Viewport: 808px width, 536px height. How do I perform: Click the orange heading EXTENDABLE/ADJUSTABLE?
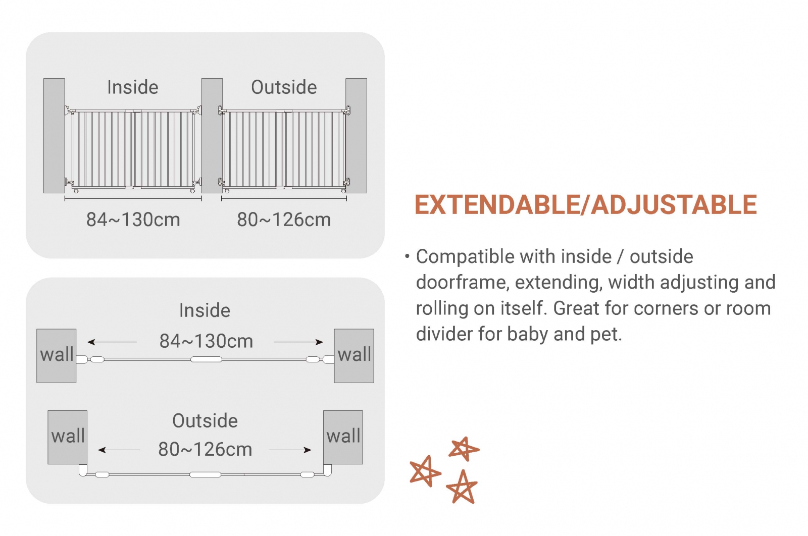pos(586,205)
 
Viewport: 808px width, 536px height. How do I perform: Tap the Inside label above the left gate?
pos(133,87)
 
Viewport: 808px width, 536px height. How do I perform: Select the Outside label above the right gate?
pos(284,87)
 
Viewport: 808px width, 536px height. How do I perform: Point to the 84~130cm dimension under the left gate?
pos(133,220)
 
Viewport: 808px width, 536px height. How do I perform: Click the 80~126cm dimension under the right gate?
pos(284,220)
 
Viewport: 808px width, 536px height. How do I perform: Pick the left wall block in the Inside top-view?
pos(56,356)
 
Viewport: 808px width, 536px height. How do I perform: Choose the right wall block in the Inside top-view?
pos(354,356)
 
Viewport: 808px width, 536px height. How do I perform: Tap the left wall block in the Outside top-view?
pos(68,437)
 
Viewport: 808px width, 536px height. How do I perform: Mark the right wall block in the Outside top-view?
pos(343,437)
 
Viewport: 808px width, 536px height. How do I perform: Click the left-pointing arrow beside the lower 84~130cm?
pos(112,342)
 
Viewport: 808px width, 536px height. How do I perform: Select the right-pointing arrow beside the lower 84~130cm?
pos(298,342)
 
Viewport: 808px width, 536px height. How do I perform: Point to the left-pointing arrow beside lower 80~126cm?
pos(119,450)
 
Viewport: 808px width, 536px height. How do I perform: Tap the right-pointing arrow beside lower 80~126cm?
pos(290,450)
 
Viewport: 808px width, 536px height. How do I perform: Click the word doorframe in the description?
pos(463,282)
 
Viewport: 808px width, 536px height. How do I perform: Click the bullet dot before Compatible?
pos(407,257)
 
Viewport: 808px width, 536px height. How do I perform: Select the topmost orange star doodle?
pos(464,449)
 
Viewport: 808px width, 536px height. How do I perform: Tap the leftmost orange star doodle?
pos(425,471)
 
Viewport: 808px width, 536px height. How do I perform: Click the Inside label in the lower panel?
pos(205,310)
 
